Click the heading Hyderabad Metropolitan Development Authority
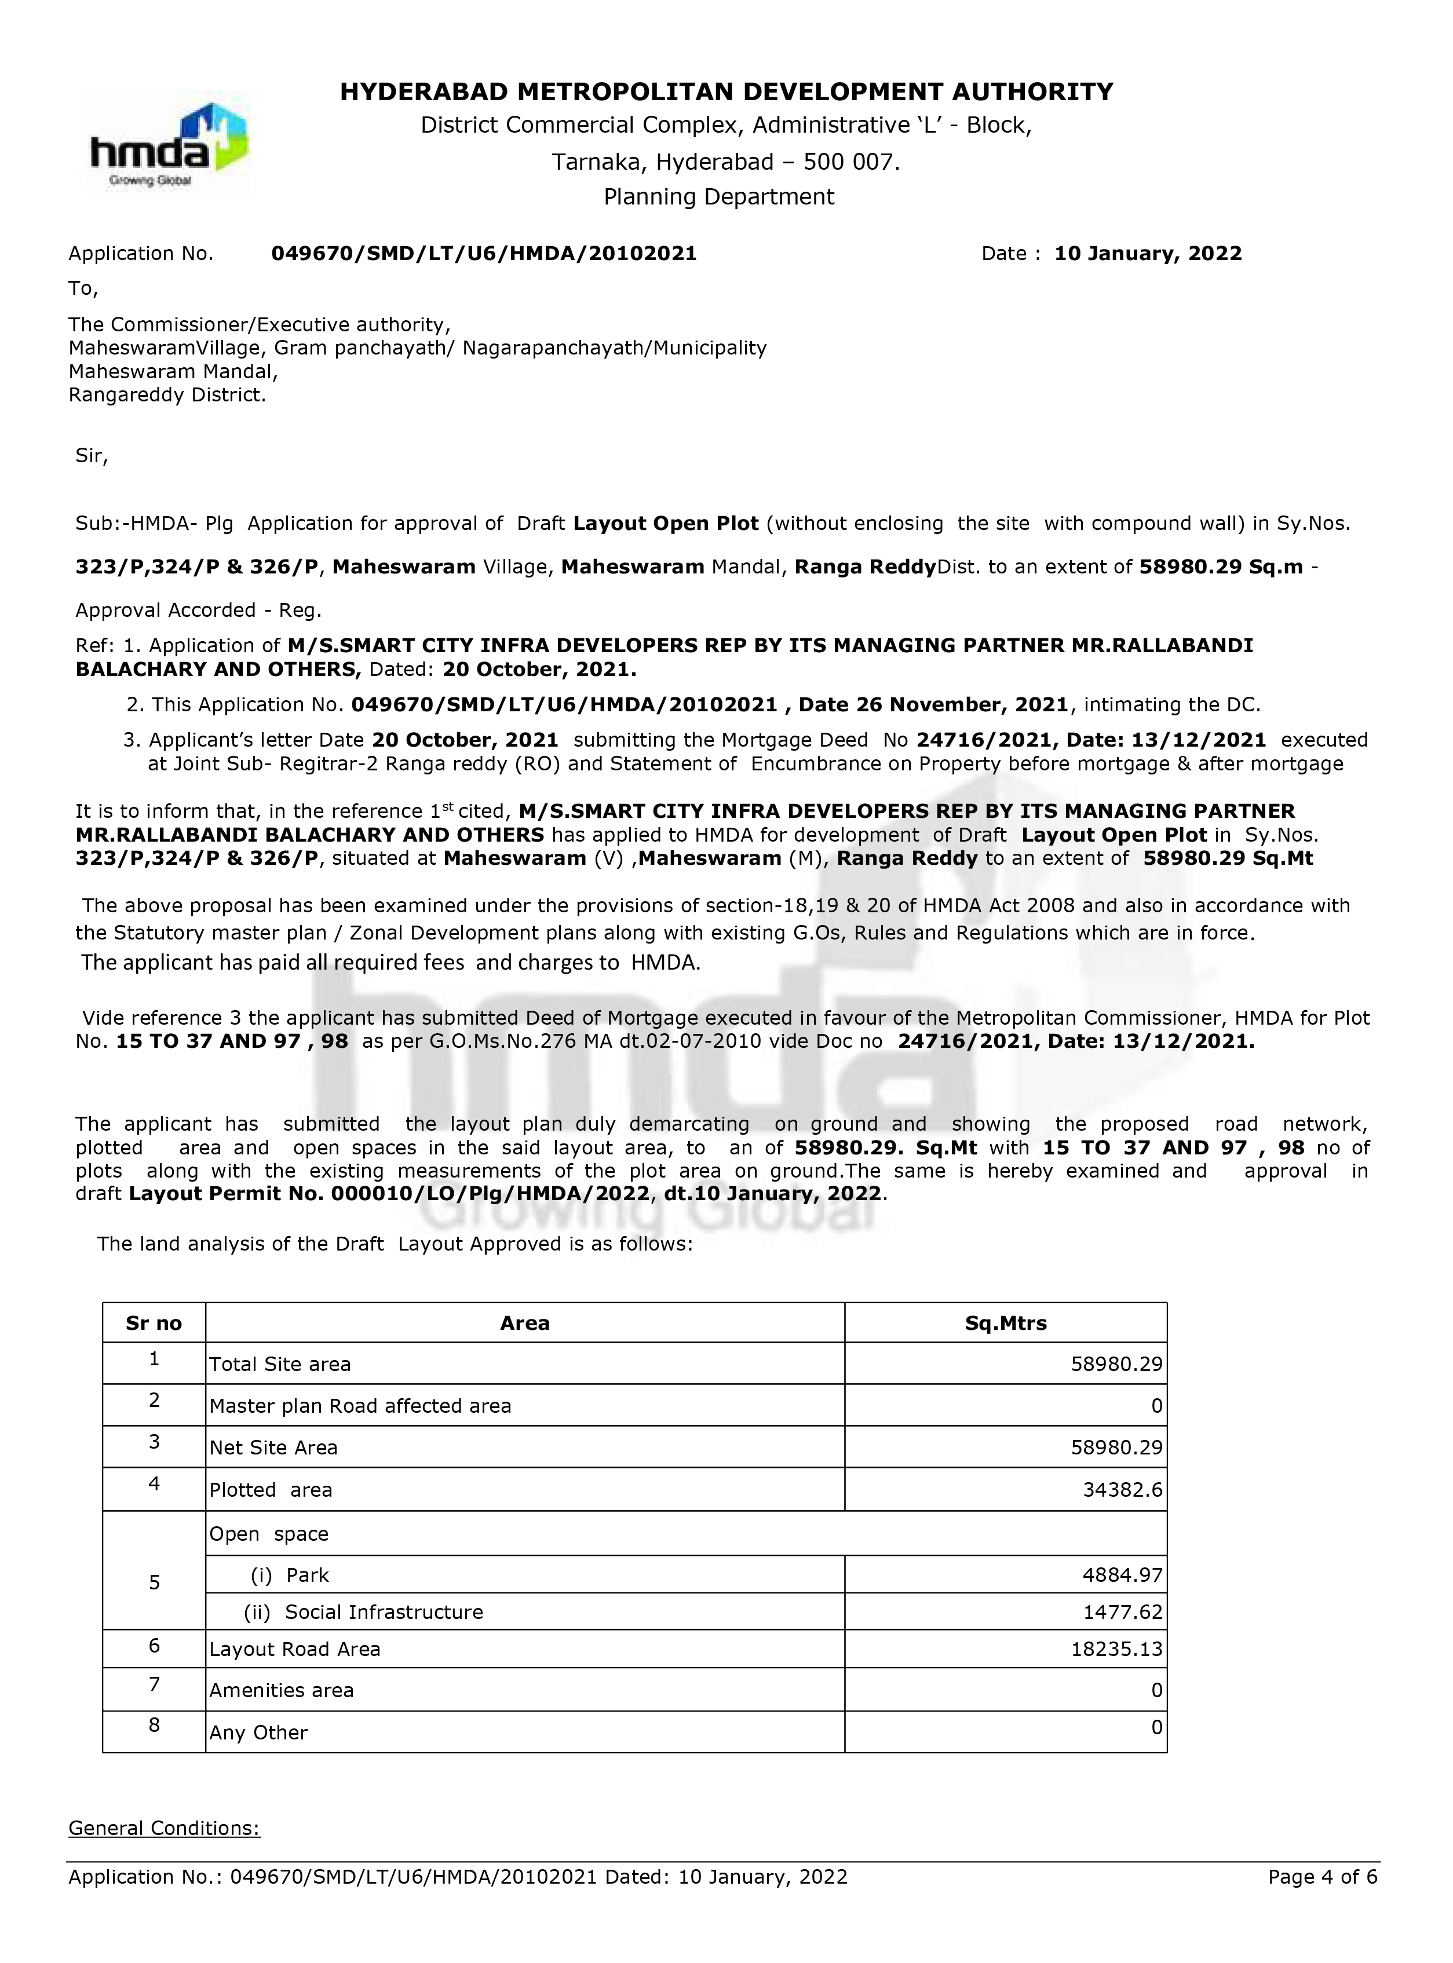pyautogui.click(x=726, y=92)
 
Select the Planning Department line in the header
pyautogui.click(x=718, y=197)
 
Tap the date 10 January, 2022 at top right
pyautogui.click(x=1148, y=253)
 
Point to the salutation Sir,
pyautogui.click(x=92, y=456)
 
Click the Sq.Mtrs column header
pyautogui.click(x=1005, y=1323)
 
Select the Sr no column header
pyautogui.click(x=154, y=1323)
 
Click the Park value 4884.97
pyautogui.click(x=1122, y=1575)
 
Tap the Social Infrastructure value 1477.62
pyautogui.click(x=1122, y=1612)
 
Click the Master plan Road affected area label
pyautogui.click(x=360, y=1405)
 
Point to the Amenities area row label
pyautogui.click(x=282, y=1690)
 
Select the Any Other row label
pyautogui.click(x=258, y=1732)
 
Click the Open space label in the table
pyautogui.click(x=269, y=1534)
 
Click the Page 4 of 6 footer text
pyautogui.click(x=1323, y=1877)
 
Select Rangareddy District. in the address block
pyautogui.click(x=167, y=395)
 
